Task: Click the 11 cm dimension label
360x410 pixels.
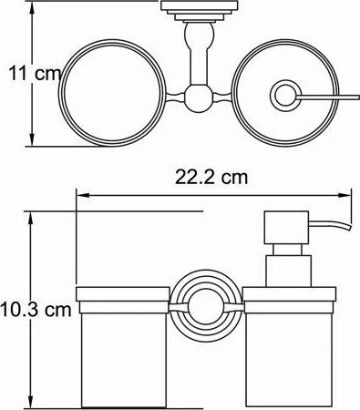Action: click(35, 74)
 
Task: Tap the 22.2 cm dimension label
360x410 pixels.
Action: click(211, 178)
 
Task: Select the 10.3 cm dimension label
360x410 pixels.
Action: click(36, 309)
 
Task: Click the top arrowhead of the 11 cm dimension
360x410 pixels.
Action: click(32, 6)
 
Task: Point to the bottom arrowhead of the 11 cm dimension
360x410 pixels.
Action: click(32, 139)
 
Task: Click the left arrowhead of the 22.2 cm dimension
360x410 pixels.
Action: click(83, 196)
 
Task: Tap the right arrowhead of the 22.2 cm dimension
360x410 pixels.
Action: click(345, 196)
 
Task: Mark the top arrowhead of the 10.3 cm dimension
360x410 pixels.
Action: click(30, 218)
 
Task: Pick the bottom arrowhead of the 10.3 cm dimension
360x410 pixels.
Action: click(30, 402)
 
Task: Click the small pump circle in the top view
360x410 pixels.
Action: click(285, 96)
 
